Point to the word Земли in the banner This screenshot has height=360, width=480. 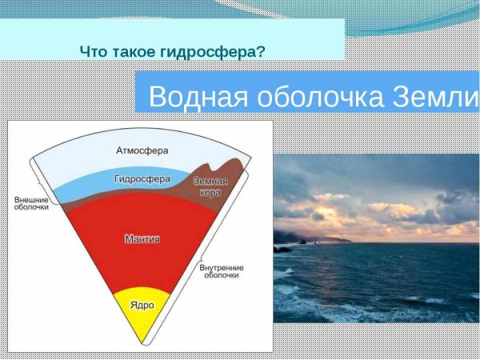(435, 97)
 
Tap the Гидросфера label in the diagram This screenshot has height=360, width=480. (142, 179)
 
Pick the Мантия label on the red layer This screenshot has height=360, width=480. (143, 238)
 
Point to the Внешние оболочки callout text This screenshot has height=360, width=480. (32, 202)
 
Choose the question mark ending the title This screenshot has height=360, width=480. (262, 51)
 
